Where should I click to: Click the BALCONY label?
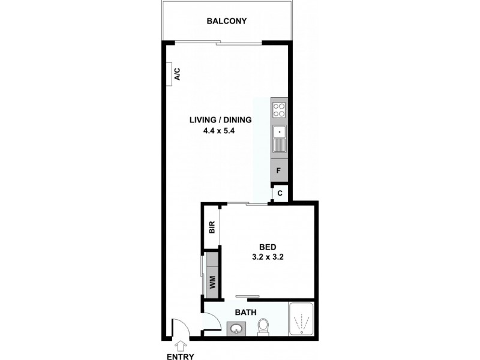point(227,21)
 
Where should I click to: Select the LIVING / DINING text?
point(220,119)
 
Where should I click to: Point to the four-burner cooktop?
point(280,109)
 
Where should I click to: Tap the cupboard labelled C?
point(280,193)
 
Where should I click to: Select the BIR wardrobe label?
point(211,227)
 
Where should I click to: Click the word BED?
point(268,247)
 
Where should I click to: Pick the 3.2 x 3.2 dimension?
point(268,257)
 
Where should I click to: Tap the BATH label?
point(245,312)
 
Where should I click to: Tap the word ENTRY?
point(181,356)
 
